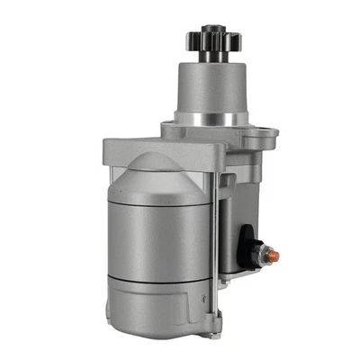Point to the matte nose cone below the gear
pyautogui.click(x=211, y=85)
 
